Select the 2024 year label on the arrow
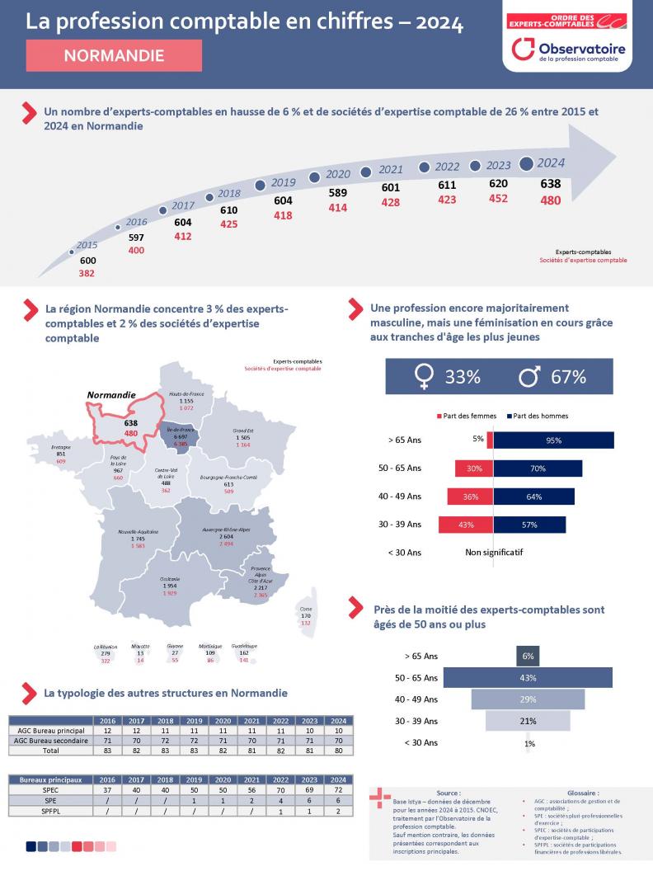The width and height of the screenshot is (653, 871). click(x=550, y=162)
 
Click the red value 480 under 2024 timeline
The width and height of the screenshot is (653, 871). click(x=550, y=200)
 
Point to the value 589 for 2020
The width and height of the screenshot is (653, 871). click(x=338, y=192)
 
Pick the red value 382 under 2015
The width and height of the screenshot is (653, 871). click(x=87, y=273)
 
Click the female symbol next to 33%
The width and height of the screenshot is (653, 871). click(x=424, y=377)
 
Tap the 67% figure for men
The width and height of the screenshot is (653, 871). click(x=568, y=377)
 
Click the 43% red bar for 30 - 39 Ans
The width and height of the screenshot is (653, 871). click(x=466, y=525)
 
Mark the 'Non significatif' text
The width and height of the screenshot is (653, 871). click(x=494, y=552)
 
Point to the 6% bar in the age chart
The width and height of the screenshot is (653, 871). click(x=528, y=657)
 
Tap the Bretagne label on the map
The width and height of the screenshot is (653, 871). click(x=61, y=448)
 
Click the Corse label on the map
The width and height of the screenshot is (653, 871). click(x=306, y=609)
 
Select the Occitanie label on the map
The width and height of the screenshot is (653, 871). click(x=171, y=579)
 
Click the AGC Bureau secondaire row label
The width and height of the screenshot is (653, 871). click(x=49, y=741)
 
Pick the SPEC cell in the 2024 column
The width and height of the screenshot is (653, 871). click(x=338, y=789)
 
